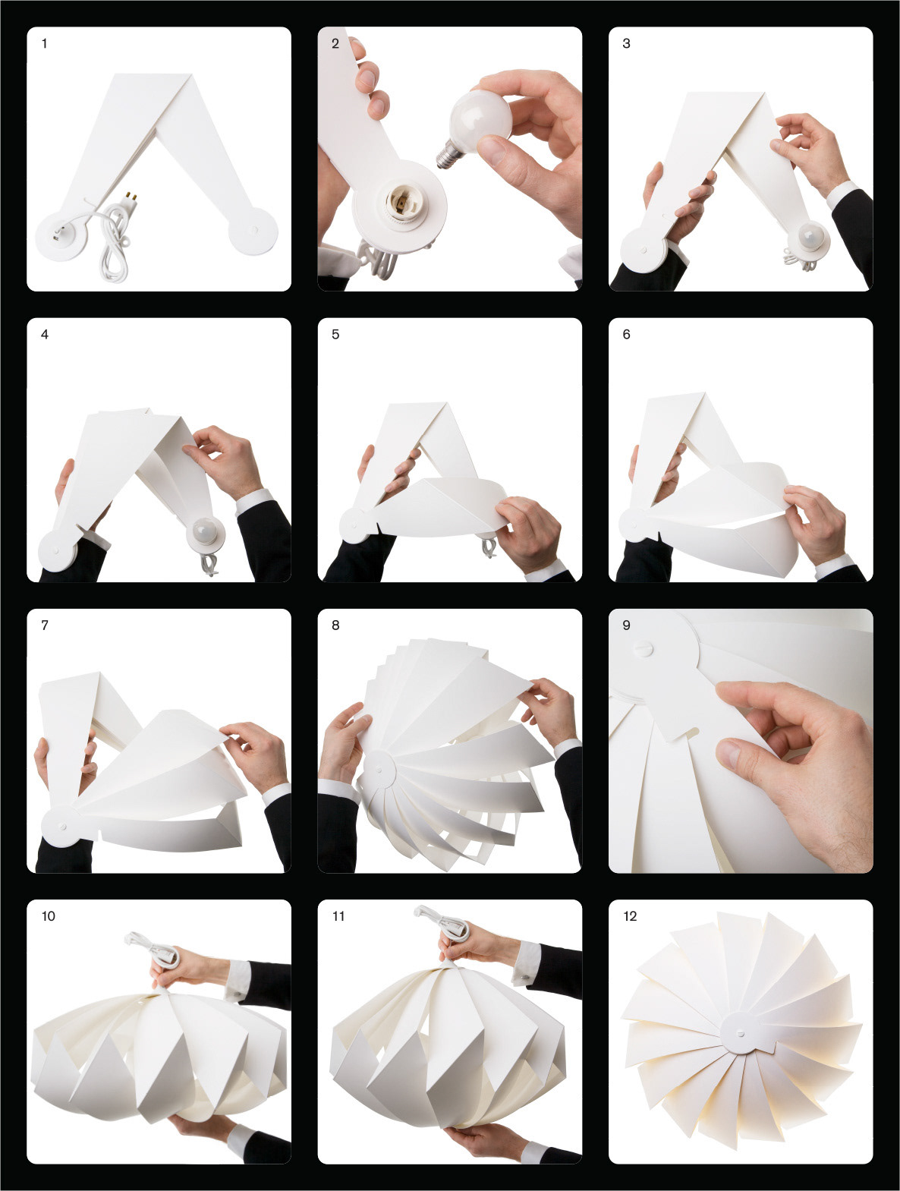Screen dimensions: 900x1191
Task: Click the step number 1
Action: tap(45, 43)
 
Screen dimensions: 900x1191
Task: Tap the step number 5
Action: tap(335, 334)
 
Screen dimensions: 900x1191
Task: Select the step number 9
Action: tap(626, 625)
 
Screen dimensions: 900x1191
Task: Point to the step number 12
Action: tap(630, 916)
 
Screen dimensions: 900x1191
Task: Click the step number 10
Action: tap(49, 916)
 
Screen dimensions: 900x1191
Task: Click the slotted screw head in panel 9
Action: tap(643, 647)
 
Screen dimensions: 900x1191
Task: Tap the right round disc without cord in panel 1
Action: tap(253, 233)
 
